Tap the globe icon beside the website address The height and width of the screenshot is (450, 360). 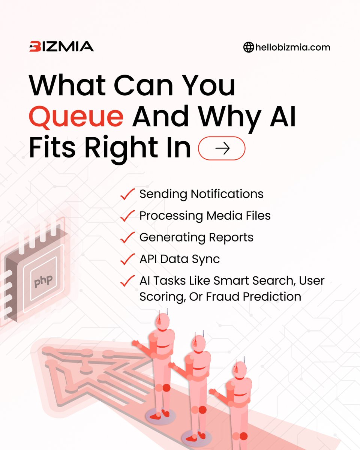click(x=248, y=48)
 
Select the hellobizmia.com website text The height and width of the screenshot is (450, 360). click(x=292, y=48)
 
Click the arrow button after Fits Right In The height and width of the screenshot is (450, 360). click(x=222, y=148)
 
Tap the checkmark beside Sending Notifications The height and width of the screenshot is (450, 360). click(x=127, y=194)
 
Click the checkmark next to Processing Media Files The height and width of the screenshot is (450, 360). click(x=127, y=216)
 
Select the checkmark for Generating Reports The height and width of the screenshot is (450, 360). click(x=127, y=237)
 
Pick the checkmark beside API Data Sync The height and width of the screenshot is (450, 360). click(x=127, y=259)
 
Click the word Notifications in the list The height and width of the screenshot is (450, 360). click(x=227, y=194)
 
